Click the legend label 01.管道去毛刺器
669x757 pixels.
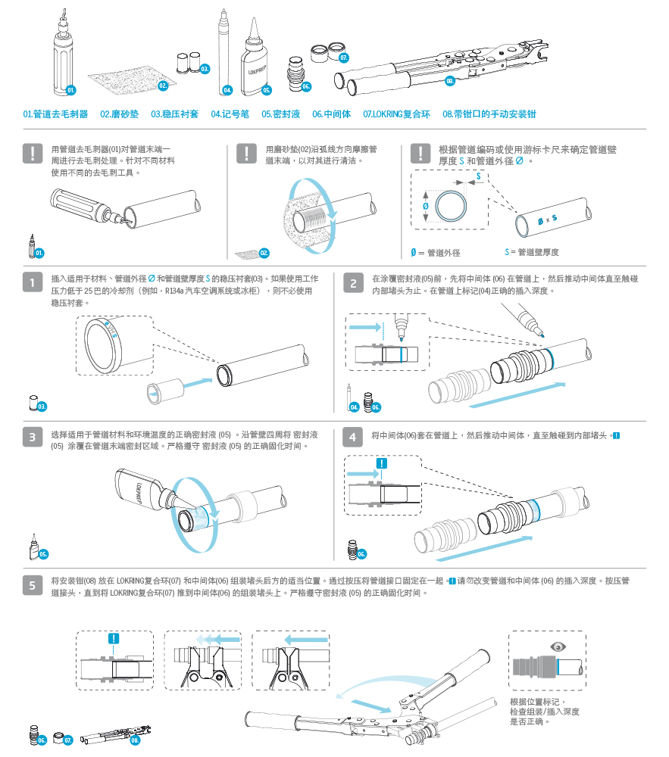pos(55,114)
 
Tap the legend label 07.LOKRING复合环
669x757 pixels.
pos(395,114)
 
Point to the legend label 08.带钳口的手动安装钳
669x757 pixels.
pos(489,114)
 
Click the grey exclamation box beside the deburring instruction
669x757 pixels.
pos(33,154)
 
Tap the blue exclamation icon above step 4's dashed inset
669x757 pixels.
pos(382,463)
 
